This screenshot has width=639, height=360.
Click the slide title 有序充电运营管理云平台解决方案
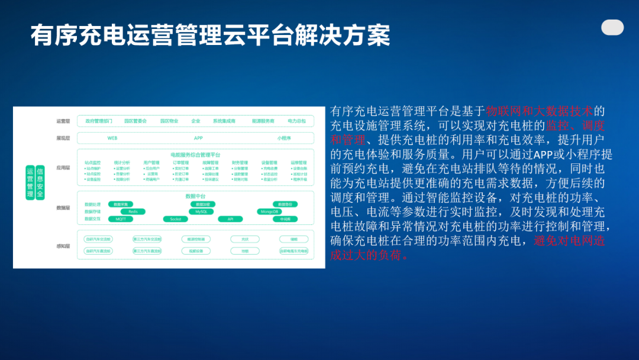click(x=210, y=36)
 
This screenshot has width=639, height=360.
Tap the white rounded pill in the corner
click(x=612, y=27)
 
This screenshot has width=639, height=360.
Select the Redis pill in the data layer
click(x=133, y=211)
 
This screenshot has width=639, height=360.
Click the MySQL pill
click(x=201, y=211)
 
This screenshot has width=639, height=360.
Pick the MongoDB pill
click(x=269, y=211)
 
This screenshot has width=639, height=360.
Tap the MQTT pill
click(x=121, y=219)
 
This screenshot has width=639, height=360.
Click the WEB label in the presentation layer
click(x=112, y=138)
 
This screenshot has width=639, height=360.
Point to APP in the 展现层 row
click(x=198, y=138)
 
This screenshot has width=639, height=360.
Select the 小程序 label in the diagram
click(x=283, y=138)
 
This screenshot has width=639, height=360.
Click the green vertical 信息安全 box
click(x=40, y=182)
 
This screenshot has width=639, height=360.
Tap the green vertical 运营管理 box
click(x=30, y=182)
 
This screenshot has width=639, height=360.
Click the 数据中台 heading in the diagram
click(x=195, y=196)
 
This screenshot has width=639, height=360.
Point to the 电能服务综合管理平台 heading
click(x=195, y=155)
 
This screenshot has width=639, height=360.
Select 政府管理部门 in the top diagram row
click(x=99, y=121)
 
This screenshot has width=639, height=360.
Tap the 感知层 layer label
click(x=63, y=246)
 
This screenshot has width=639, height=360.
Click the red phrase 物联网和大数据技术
click(x=538, y=111)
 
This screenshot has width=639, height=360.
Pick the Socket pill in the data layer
click(x=175, y=219)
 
